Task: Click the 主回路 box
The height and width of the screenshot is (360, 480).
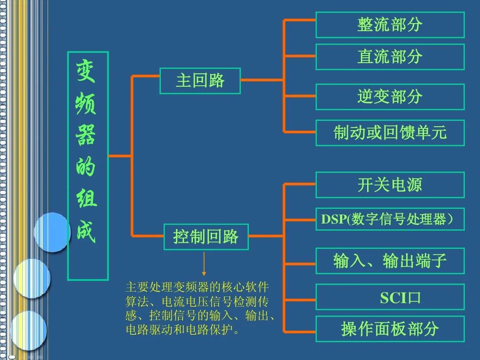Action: click(x=200, y=81)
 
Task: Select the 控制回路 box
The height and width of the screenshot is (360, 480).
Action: click(x=206, y=237)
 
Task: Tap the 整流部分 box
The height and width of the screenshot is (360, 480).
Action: click(x=390, y=25)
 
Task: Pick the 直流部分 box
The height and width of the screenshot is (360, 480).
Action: click(x=390, y=57)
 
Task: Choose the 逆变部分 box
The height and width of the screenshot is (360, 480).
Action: click(x=390, y=96)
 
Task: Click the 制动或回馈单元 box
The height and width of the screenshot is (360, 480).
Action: click(x=390, y=132)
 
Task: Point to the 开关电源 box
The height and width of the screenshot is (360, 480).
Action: click(x=390, y=185)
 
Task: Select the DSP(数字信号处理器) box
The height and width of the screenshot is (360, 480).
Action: click(x=390, y=219)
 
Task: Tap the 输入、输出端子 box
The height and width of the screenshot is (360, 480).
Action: click(x=390, y=261)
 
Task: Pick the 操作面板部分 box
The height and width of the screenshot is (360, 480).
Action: click(x=390, y=329)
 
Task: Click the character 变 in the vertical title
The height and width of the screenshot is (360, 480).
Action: click(x=87, y=72)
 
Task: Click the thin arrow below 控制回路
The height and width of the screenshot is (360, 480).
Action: click(x=204, y=264)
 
